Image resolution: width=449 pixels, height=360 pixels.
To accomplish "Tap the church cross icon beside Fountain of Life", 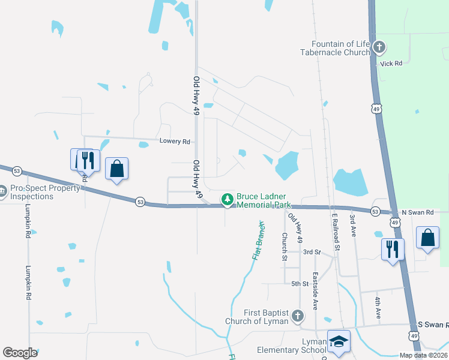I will (x=379, y=47).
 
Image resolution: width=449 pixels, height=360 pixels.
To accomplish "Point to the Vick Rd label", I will (x=391, y=62).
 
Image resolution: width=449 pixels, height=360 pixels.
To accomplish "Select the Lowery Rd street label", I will (x=175, y=142).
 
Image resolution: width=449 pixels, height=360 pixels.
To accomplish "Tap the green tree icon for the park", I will (x=227, y=199).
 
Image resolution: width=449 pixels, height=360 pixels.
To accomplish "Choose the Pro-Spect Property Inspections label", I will (x=46, y=192).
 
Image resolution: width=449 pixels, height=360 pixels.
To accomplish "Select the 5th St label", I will (x=300, y=284).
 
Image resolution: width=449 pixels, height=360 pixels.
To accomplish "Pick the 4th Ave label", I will (x=378, y=307).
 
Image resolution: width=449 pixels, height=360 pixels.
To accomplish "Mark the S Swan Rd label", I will (x=433, y=325).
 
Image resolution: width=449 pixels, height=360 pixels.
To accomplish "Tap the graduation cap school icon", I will (x=339, y=341).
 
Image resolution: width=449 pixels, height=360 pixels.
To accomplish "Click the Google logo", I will (x=20, y=353).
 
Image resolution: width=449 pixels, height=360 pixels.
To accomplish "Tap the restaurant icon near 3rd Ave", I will (x=393, y=248).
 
